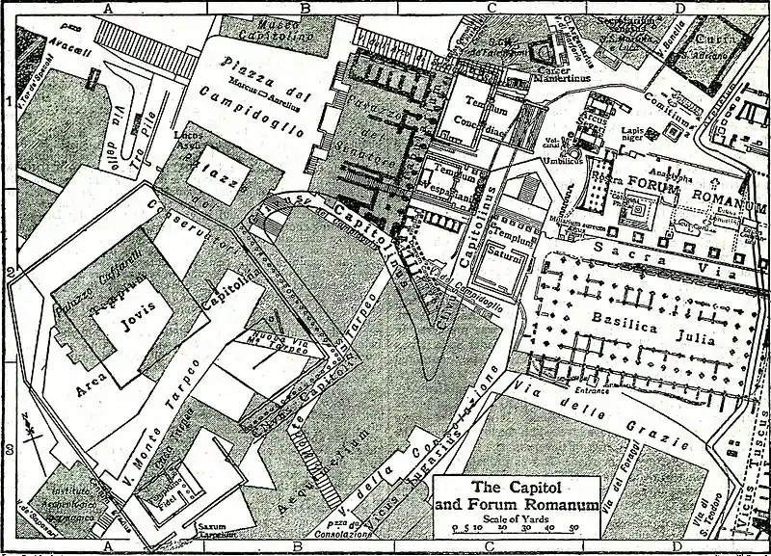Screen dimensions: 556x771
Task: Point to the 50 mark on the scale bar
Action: pyautogui.click(x=573, y=529)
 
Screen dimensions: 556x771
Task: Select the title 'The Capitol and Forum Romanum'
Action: pyautogui.click(x=518, y=495)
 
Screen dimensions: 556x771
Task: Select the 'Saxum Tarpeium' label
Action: pyautogui.click(x=210, y=530)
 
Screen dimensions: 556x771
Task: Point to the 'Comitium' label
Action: pyautogui.click(x=666, y=123)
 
